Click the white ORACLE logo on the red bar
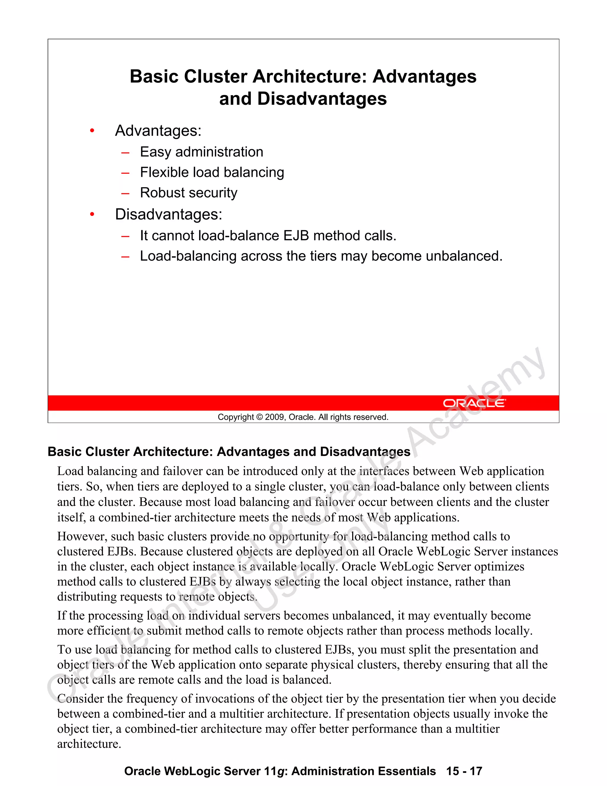click(x=474, y=403)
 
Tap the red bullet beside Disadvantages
click(x=92, y=214)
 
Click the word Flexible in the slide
click(x=164, y=172)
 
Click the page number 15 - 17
click(x=464, y=771)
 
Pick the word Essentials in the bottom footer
click(x=407, y=771)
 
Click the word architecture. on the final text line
click(x=89, y=744)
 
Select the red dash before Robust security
click(x=125, y=194)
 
